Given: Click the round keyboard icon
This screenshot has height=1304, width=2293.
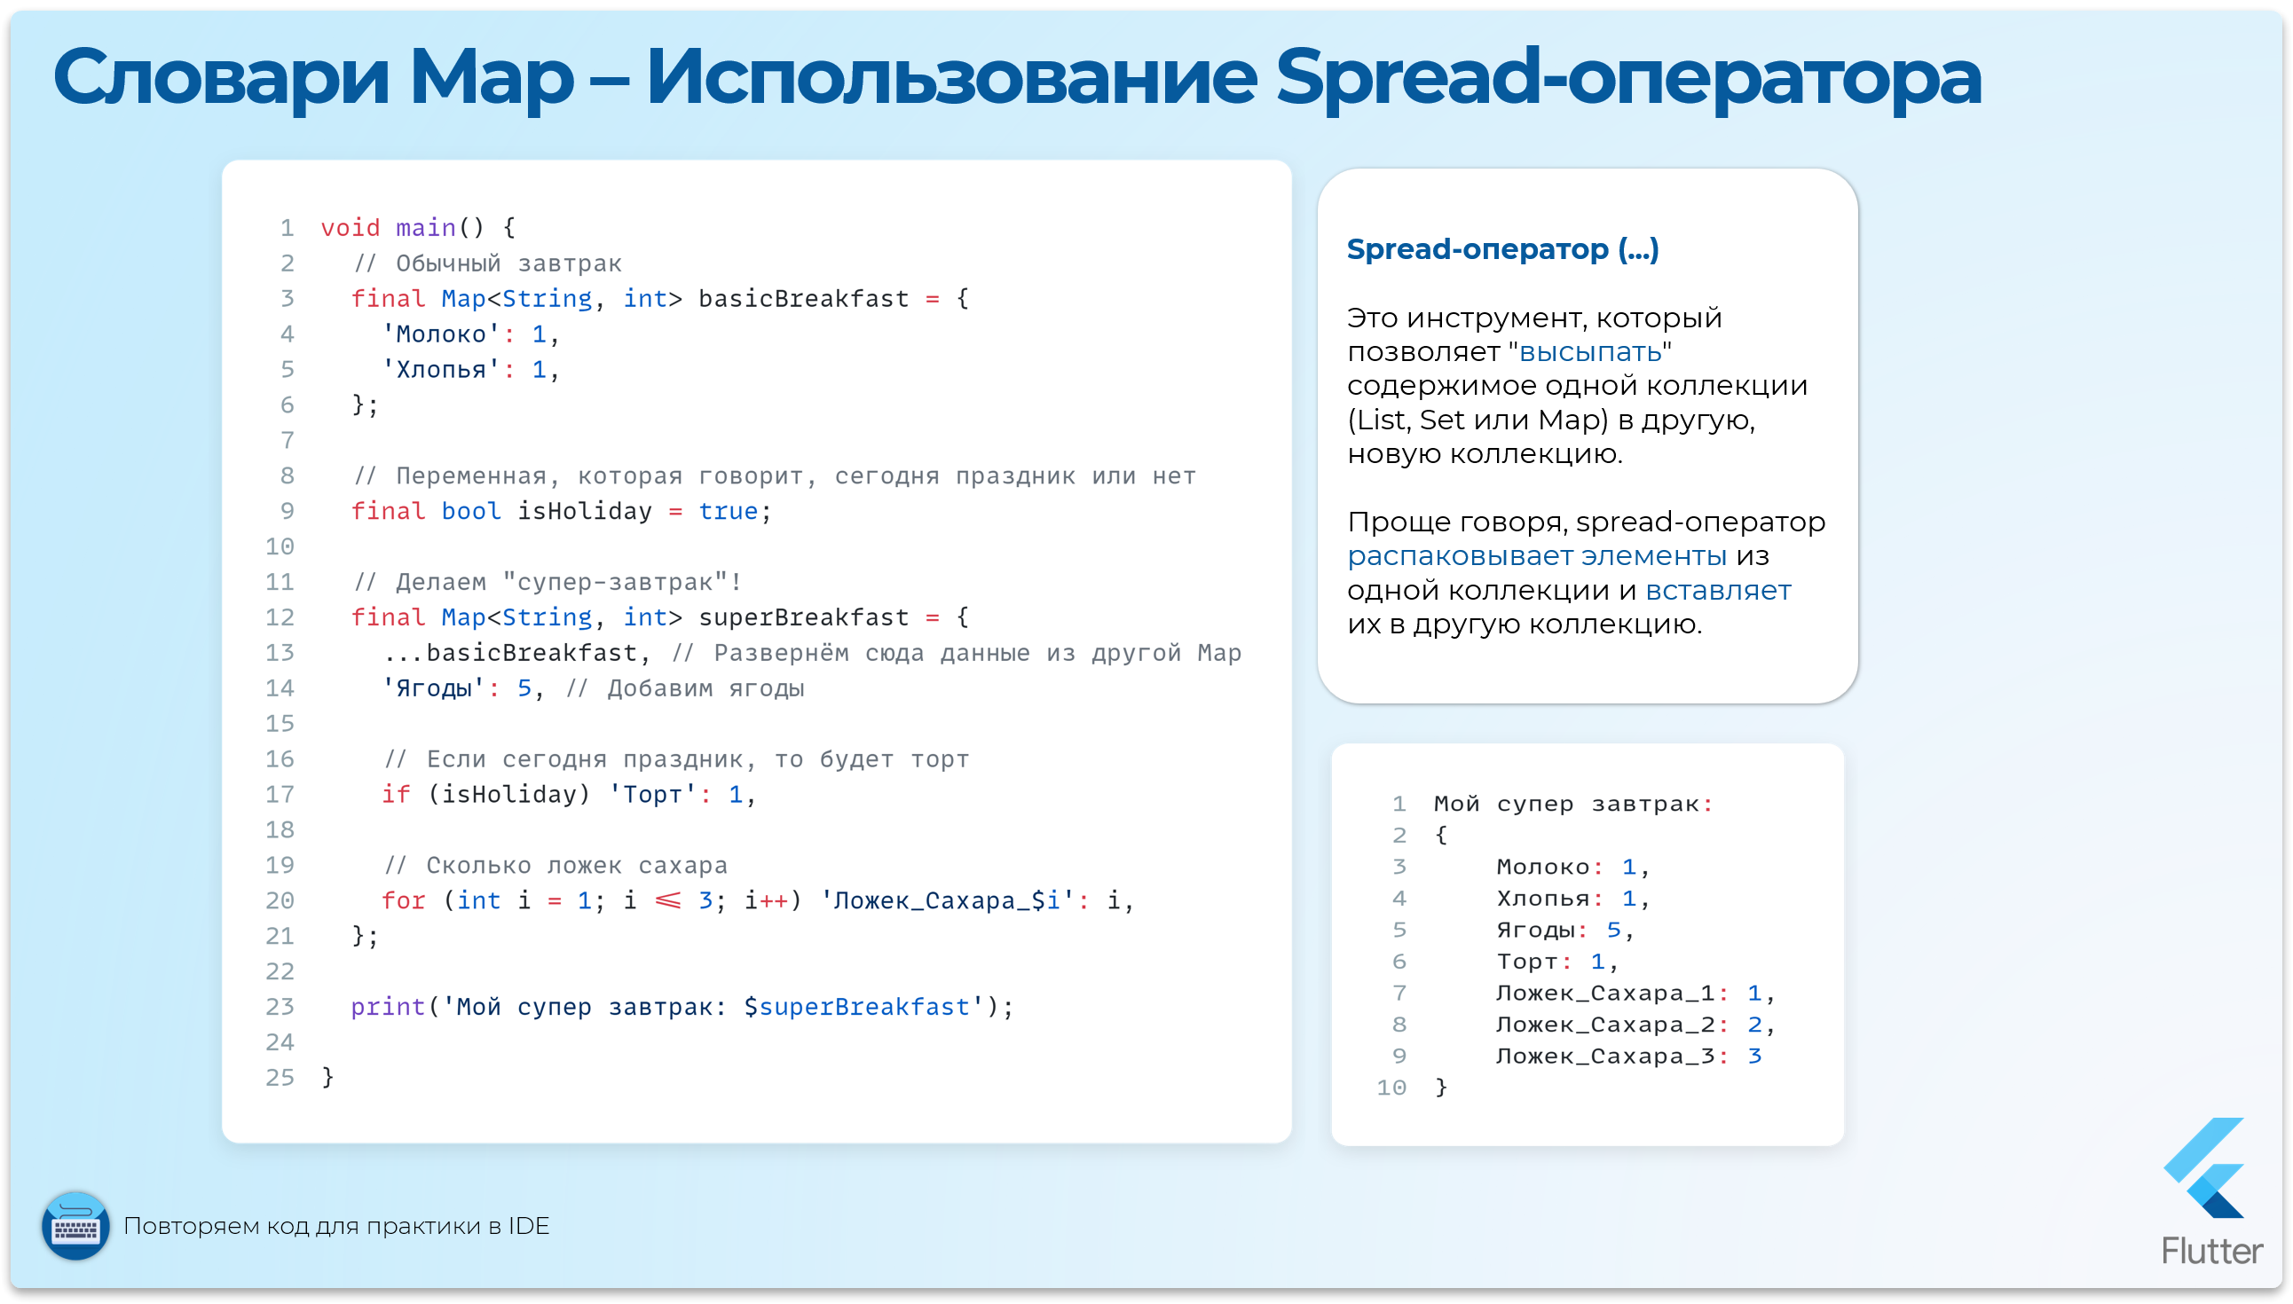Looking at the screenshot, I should click(75, 1226).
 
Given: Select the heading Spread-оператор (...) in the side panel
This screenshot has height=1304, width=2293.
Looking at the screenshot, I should click(1502, 249).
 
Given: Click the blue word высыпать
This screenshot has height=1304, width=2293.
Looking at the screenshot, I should click(1590, 352).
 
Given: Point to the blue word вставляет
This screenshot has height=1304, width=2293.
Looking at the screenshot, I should click(1717, 591).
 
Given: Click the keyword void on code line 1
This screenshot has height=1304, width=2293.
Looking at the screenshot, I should click(350, 228).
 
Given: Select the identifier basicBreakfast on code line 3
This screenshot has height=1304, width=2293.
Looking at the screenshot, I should click(802, 299).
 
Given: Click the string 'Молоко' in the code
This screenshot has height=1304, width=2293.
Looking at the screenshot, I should click(441, 335).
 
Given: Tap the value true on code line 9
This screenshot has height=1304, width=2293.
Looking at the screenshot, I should click(728, 511).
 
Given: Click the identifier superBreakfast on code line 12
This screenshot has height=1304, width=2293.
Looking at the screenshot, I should click(802, 618).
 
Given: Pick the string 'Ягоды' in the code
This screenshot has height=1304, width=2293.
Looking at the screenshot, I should click(434, 688).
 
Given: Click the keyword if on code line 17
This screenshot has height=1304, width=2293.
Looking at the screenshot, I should click(396, 796).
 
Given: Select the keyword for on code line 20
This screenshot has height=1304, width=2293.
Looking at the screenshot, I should click(403, 901).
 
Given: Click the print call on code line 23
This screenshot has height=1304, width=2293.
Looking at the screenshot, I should click(387, 1008).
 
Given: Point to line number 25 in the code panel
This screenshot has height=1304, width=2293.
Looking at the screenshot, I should click(280, 1078).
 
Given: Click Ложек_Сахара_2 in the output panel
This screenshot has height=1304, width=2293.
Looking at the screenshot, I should click(1604, 1025).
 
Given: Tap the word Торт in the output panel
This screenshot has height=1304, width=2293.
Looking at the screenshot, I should click(1527, 962).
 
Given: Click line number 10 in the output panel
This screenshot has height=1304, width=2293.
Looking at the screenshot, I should click(1391, 1088).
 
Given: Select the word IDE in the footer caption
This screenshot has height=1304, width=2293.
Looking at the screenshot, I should click(529, 1226).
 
